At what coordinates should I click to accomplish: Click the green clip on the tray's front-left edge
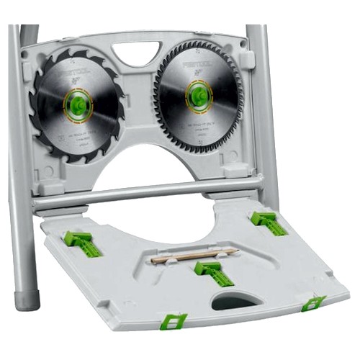click(x=173, y=320)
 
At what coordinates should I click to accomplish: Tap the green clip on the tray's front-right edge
click(x=312, y=303)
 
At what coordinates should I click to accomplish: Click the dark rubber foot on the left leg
click(x=27, y=295)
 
